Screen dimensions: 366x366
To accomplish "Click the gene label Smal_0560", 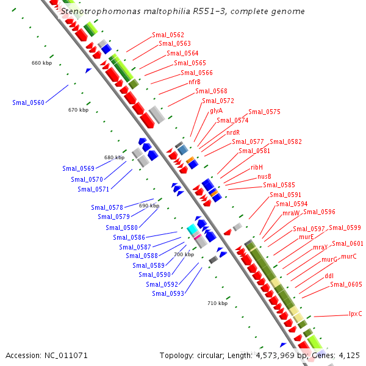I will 28,102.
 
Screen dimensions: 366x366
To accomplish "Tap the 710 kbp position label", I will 217,303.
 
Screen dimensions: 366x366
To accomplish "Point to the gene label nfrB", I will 195,82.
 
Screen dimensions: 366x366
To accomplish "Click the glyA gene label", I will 216,110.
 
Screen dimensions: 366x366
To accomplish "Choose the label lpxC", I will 355,314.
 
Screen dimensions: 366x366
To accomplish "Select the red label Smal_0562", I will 168,35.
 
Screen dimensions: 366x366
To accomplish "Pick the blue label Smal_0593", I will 168,293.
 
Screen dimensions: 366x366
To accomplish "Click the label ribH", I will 257,167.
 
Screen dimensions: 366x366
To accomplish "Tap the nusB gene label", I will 264,176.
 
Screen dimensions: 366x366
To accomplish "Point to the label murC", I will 348,256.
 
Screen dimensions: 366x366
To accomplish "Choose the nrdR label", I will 233,132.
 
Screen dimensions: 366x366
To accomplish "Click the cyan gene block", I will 193,229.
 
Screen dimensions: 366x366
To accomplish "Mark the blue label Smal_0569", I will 78,168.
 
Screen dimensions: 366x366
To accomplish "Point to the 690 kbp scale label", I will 149,206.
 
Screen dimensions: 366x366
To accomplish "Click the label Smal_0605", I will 346,284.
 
